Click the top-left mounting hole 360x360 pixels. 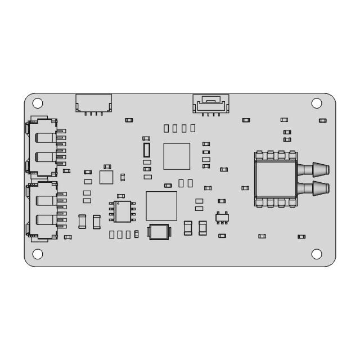(38, 103)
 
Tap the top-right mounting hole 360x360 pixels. (317, 103)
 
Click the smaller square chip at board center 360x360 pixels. (177, 156)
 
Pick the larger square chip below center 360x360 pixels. (161, 206)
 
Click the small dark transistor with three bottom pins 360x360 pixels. (223, 217)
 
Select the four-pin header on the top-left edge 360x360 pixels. (93, 103)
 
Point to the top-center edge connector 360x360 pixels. (211, 103)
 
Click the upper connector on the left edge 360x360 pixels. (44, 146)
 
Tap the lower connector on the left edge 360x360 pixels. (44, 209)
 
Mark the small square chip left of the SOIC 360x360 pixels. (106, 177)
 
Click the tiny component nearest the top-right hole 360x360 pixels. (322, 120)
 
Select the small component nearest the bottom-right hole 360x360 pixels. (301, 236)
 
